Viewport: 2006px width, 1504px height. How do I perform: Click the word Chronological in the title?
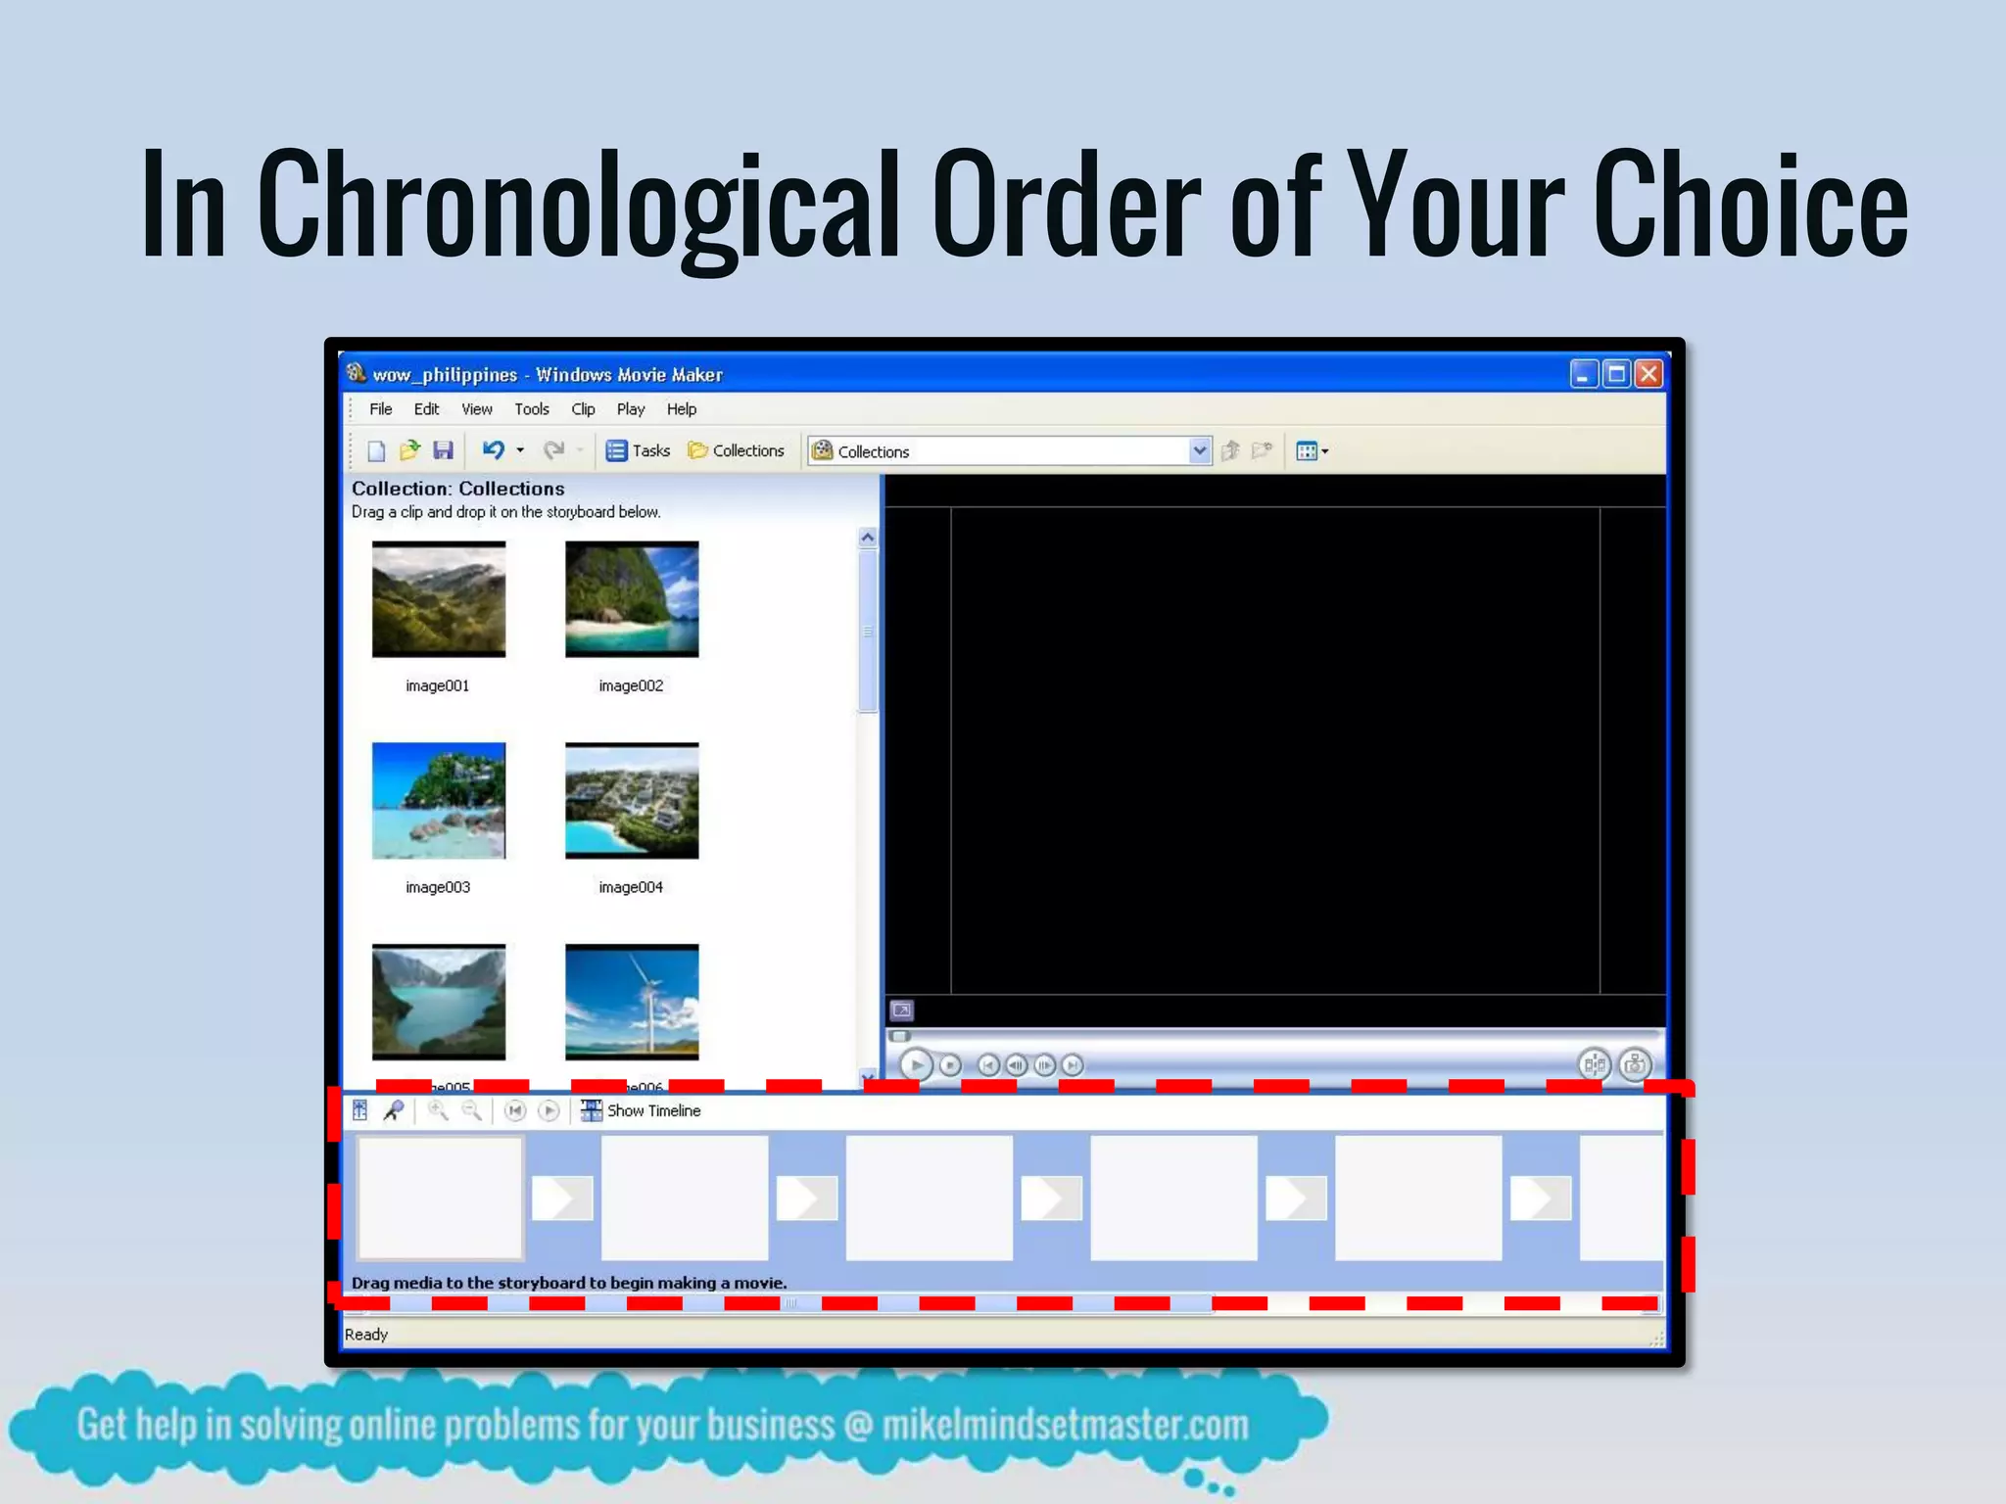pos(578,206)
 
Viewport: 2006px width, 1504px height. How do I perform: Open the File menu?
pos(380,409)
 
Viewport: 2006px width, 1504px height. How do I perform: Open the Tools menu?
pos(532,409)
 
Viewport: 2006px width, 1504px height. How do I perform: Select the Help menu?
pos(681,409)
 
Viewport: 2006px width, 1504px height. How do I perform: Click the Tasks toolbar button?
pos(639,450)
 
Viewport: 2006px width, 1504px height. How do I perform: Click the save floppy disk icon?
pos(444,450)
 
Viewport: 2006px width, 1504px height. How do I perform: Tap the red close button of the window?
pos(1648,374)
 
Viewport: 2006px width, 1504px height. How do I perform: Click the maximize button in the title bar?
pos(1616,374)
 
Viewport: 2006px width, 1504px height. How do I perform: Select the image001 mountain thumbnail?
pos(439,599)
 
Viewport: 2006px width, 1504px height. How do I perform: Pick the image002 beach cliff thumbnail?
pos(632,599)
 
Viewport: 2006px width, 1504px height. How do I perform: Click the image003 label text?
pos(438,887)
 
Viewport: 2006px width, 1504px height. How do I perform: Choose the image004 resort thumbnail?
pos(632,801)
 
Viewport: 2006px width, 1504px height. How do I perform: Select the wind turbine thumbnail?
pos(632,1002)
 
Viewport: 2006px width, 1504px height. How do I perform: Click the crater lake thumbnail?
pos(439,1002)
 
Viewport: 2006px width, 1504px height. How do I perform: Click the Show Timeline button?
pos(643,1110)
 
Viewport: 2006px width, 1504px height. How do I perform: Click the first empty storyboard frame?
pos(440,1198)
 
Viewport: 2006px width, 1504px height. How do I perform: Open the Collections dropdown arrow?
pos(1199,450)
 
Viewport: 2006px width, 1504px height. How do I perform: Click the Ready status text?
pos(366,1335)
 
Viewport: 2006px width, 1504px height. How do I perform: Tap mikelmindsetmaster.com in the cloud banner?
pos(1065,1426)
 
